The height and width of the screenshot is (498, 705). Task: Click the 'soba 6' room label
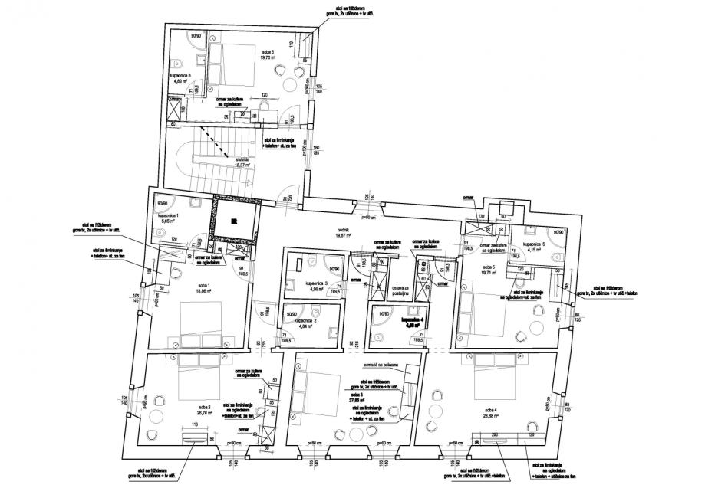[268, 50]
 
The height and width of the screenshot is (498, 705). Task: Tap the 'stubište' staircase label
[243, 159]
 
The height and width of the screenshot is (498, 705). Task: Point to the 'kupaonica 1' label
[168, 216]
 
